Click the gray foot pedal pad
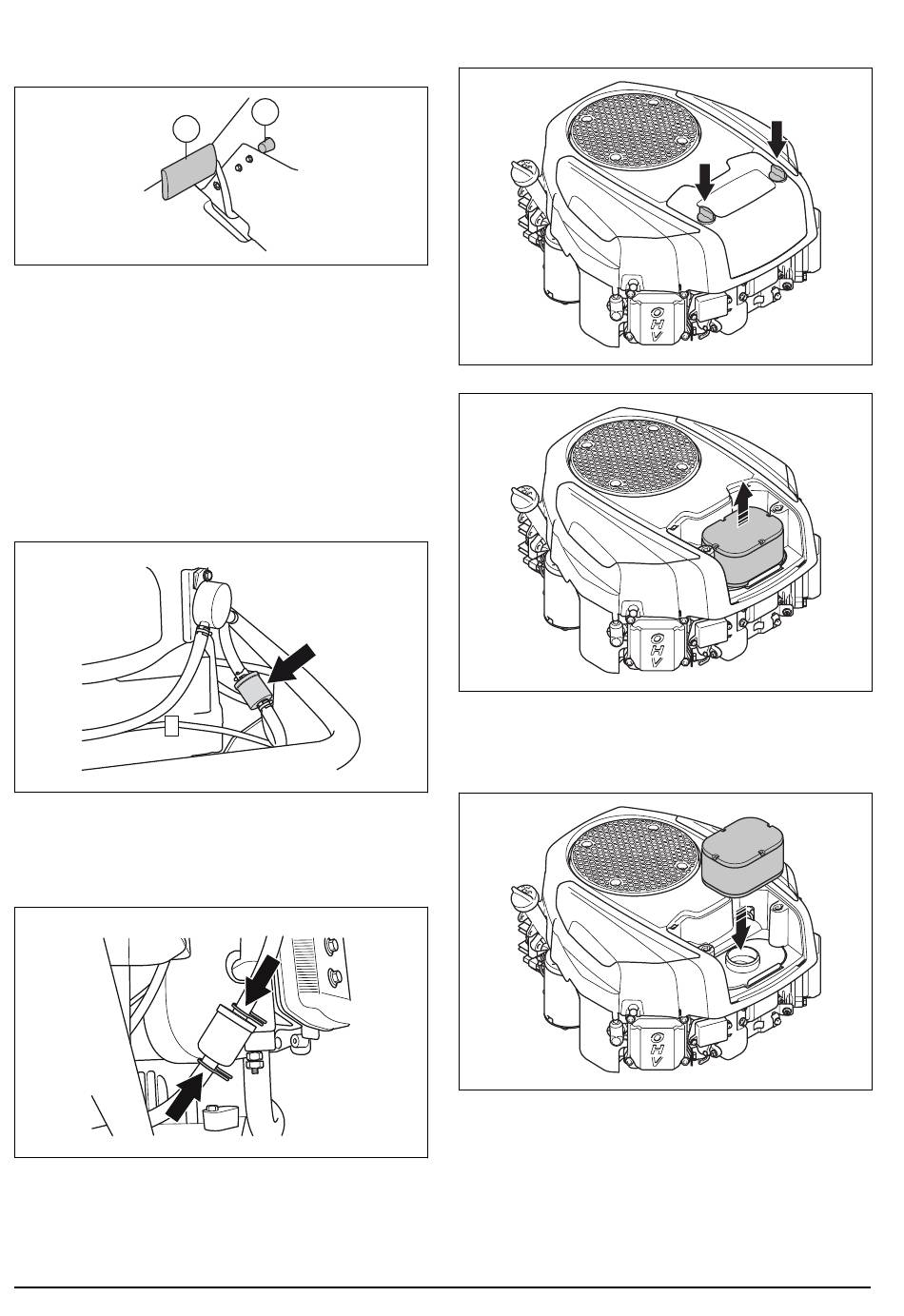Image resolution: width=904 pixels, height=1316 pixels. (x=189, y=171)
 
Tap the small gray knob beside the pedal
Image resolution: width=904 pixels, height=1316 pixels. (x=267, y=145)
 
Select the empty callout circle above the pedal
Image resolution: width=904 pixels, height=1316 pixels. (x=187, y=129)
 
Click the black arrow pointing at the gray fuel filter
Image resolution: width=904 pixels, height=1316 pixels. (x=292, y=663)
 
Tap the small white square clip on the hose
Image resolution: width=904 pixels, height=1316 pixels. (x=171, y=726)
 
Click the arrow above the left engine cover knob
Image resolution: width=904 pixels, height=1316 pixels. (x=704, y=182)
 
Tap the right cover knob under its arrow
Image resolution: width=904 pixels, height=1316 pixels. (x=777, y=174)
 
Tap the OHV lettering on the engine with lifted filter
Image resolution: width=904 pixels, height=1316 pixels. (x=658, y=1038)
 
